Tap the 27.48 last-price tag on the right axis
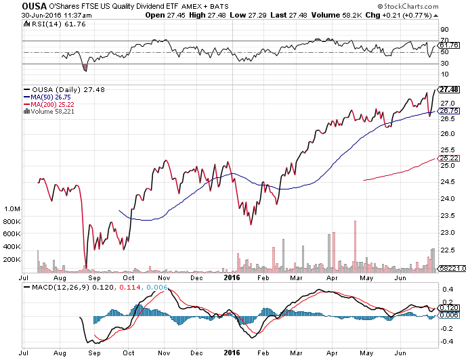[449, 89]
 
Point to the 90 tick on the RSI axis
[444, 30]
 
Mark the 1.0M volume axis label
[12, 209]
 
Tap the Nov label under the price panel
[163, 277]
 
